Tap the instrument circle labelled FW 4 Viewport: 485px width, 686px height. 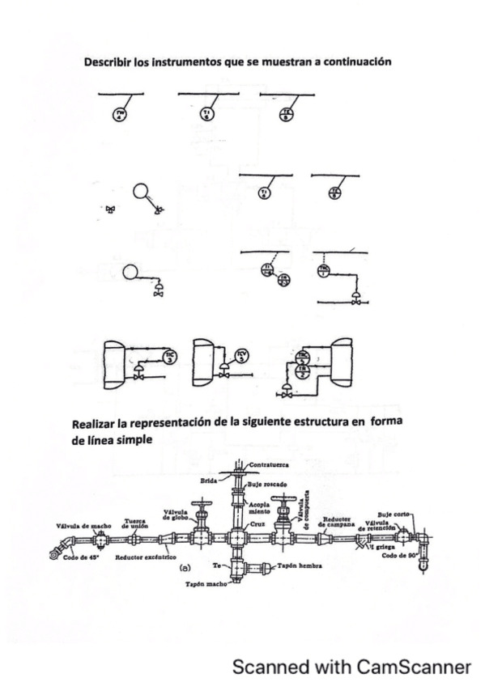(x=121, y=114)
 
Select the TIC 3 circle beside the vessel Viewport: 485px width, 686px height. (x=168, y=358)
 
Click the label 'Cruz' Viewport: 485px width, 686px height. (x=258, y=523)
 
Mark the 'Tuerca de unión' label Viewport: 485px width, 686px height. (x=134, y=523)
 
